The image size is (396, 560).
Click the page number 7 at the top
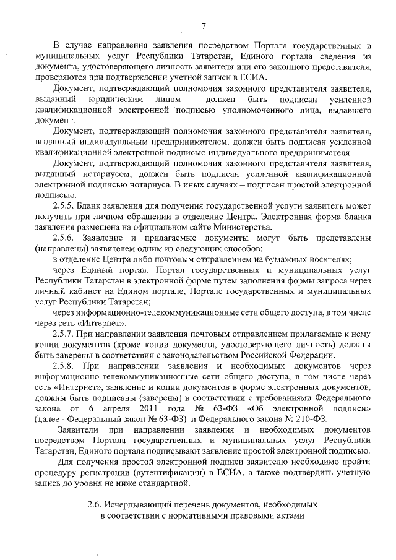202,25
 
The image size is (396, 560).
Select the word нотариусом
94,174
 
